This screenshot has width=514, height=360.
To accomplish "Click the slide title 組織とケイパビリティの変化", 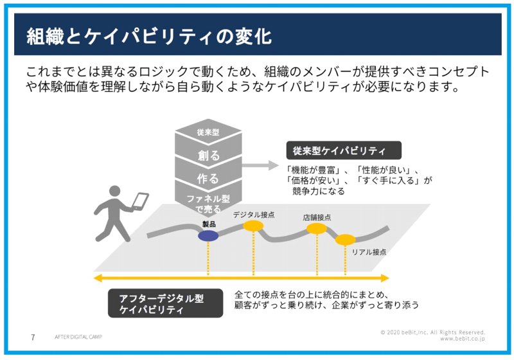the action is point(149,36).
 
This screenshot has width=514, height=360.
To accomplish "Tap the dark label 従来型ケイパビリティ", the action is point(344,150).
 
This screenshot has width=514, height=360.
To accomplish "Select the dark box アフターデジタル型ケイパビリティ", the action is point(165,303).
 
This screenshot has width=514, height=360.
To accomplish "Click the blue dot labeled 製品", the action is point(208,236).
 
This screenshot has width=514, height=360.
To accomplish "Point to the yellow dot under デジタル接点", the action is point(253,226).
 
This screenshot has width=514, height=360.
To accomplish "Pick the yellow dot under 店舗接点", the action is point(317,228).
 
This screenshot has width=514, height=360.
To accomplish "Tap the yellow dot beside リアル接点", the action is point(345,240).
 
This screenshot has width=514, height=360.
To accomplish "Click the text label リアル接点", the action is point(369,252).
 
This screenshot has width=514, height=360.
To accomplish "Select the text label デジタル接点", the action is point(253,215).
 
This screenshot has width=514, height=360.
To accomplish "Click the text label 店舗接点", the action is point(317,217).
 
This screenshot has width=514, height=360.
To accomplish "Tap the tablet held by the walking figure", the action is point(140,201).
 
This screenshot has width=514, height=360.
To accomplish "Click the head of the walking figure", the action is point(114,192).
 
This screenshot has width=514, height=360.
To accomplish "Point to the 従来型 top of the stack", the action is point(208,132).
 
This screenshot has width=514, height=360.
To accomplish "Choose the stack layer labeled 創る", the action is point(208,155).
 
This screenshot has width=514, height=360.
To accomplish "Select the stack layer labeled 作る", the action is point(208,179).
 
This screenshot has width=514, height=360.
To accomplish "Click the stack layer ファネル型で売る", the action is point(208,203).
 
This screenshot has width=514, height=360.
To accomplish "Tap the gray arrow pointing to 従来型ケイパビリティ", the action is point(260,165).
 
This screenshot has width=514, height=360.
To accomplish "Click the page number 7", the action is point(33,337).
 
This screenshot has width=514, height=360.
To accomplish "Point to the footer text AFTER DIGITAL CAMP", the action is point(78,337).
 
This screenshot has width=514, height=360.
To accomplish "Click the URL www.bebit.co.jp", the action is point(462,339).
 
